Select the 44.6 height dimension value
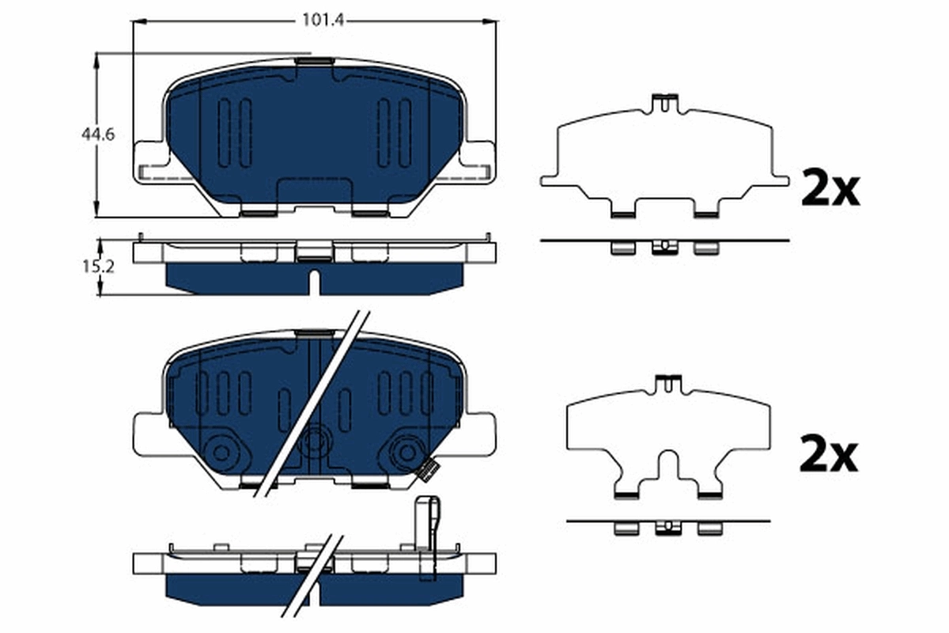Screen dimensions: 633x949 tap(98, 135)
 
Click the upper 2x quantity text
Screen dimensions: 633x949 tap(830, 189)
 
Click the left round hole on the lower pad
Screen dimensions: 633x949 tap(221, 452)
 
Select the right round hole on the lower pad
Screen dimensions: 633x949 tap(407, 452)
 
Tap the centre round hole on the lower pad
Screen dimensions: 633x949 tap(315, 440)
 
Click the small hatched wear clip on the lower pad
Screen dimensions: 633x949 tap(427, 471)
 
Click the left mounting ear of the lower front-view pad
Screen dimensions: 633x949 tap(149, 434)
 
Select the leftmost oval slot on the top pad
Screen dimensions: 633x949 tap(224, 132)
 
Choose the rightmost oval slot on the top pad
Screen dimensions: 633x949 tap(405, 132)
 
